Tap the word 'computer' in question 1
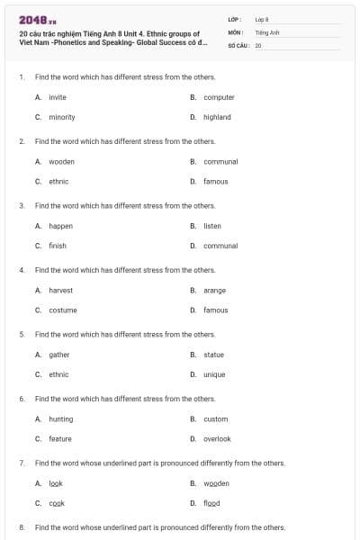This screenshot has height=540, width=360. [x=219, y=97]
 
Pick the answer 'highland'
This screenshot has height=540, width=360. [x=217, y=117]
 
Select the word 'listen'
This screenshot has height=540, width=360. [x=212, y=226]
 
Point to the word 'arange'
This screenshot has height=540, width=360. [x=214, y=290]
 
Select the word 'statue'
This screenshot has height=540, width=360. [x=213, y=355]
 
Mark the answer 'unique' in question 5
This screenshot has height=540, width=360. [x=214, y=374]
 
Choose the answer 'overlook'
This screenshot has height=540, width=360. [x=217, y=438]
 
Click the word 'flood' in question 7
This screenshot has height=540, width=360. [x=211, y=503]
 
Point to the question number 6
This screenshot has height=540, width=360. [x=22, y=399]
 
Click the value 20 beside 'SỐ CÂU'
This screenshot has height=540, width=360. [x=258, y=44]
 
